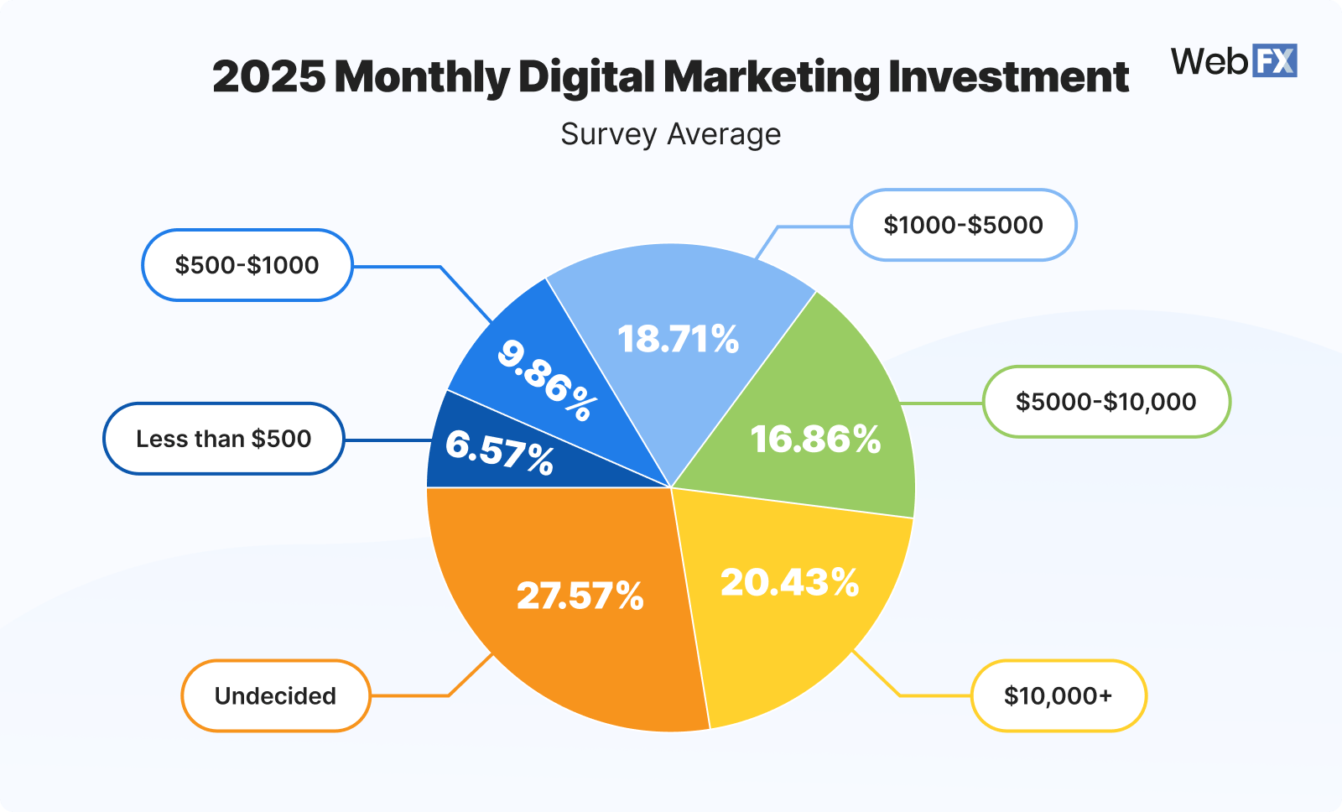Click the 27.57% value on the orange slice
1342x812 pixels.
(580, 596)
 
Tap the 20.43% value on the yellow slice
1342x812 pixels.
(789, 582)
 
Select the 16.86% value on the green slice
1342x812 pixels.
(815, 440)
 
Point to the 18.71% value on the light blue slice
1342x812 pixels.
(678, 339)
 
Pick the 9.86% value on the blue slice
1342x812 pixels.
(547, 380)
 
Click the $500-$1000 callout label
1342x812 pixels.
(247, 265)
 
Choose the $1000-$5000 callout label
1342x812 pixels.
(963, 225)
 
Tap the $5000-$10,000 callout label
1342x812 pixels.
(1105, 402)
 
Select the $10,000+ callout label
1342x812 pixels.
(1058, 695)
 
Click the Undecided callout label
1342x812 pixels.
(275, 695)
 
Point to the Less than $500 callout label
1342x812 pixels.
(223, 439)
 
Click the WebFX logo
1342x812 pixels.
(1233, 61)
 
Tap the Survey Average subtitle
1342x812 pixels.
(670, 134)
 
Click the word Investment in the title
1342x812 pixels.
(1008, 77)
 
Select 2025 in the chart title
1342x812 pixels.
(268, 77)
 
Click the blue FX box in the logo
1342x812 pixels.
(1274, 61)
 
